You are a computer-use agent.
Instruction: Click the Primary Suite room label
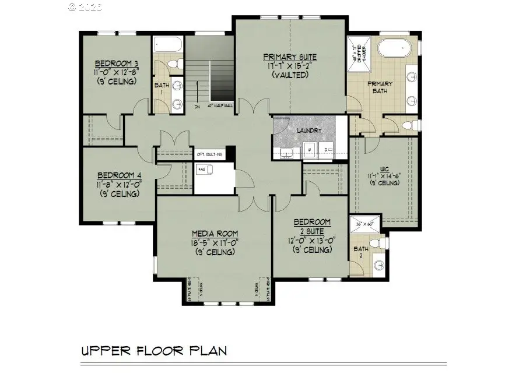pyautogui.click(x=290, y=57)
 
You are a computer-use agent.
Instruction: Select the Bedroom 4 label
pyautogui.click(x=119, y=175)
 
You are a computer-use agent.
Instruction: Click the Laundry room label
pyautogui.click(x=309, y=131)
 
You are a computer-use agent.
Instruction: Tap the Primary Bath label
pyautogui.click(x=379, y=87)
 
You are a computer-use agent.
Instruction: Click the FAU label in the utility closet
pyautogui.click(x=202, y=168)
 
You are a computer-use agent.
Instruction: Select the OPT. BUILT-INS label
pyautogui.click(x=209, y=154)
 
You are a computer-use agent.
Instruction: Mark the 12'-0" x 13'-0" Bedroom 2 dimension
pyautogui.click(x=312, y=241)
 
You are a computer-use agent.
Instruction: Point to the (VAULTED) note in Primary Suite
pyautogui.click(x=290, y=75)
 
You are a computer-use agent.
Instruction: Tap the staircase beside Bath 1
pyautogui.click(x=211, y=75)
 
